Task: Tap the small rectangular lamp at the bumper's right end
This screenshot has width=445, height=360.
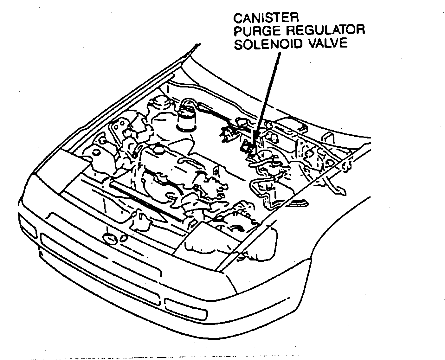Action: pos(185,309)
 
